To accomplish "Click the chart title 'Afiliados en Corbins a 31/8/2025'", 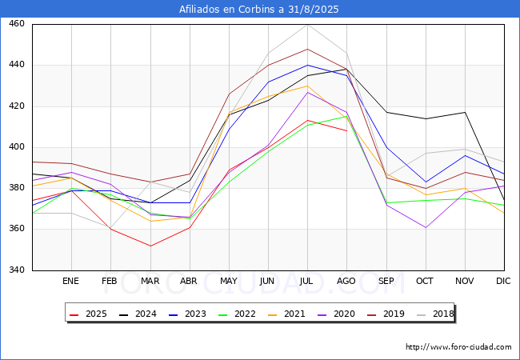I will coord(260,10).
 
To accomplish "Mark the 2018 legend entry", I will coord(442,314).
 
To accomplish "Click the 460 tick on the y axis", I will coord(17,24).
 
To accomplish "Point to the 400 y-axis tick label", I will coord(17,147).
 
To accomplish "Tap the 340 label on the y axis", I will coord(17,270).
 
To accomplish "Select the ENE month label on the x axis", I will coord(71,282).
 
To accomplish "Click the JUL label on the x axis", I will coord(307,282).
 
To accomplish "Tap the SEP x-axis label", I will coord(386,282).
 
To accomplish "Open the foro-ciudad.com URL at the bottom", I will coord(458,347).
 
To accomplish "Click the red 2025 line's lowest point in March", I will coord(150,246).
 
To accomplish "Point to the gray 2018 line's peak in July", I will coord(307,24).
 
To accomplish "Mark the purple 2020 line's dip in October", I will coord(426,227).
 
